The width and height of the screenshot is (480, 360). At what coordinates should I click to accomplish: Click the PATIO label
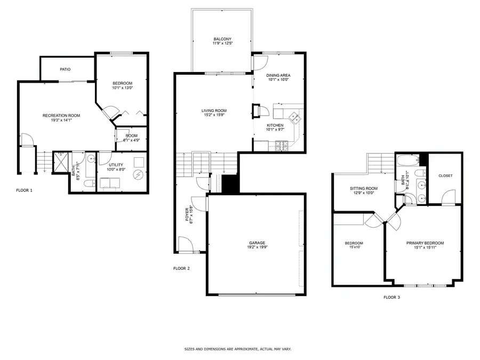(65, 69)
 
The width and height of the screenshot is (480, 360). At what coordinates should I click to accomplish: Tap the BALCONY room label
(222, 39)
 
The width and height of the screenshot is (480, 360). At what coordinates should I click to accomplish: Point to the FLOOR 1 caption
(25, 190)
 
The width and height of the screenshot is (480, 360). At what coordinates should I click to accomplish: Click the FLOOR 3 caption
(391, 297)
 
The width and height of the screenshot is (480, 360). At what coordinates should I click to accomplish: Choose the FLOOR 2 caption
(181, 268)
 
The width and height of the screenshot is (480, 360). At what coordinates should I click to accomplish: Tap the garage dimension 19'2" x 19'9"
(257, 247)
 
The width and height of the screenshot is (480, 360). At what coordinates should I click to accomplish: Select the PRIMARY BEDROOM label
(425, 243)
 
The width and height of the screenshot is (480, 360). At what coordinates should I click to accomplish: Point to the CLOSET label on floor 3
(445, 175)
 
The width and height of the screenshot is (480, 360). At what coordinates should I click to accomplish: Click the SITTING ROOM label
(363, 188)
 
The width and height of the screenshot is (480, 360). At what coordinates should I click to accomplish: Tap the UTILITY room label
(116, 165)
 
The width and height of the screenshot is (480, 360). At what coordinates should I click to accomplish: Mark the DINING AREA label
(278, 75)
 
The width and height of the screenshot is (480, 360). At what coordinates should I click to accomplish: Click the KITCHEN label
(275, 125)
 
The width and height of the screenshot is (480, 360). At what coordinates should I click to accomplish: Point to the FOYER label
(187, 214)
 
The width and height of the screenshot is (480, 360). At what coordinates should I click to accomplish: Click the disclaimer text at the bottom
(237, 349)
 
